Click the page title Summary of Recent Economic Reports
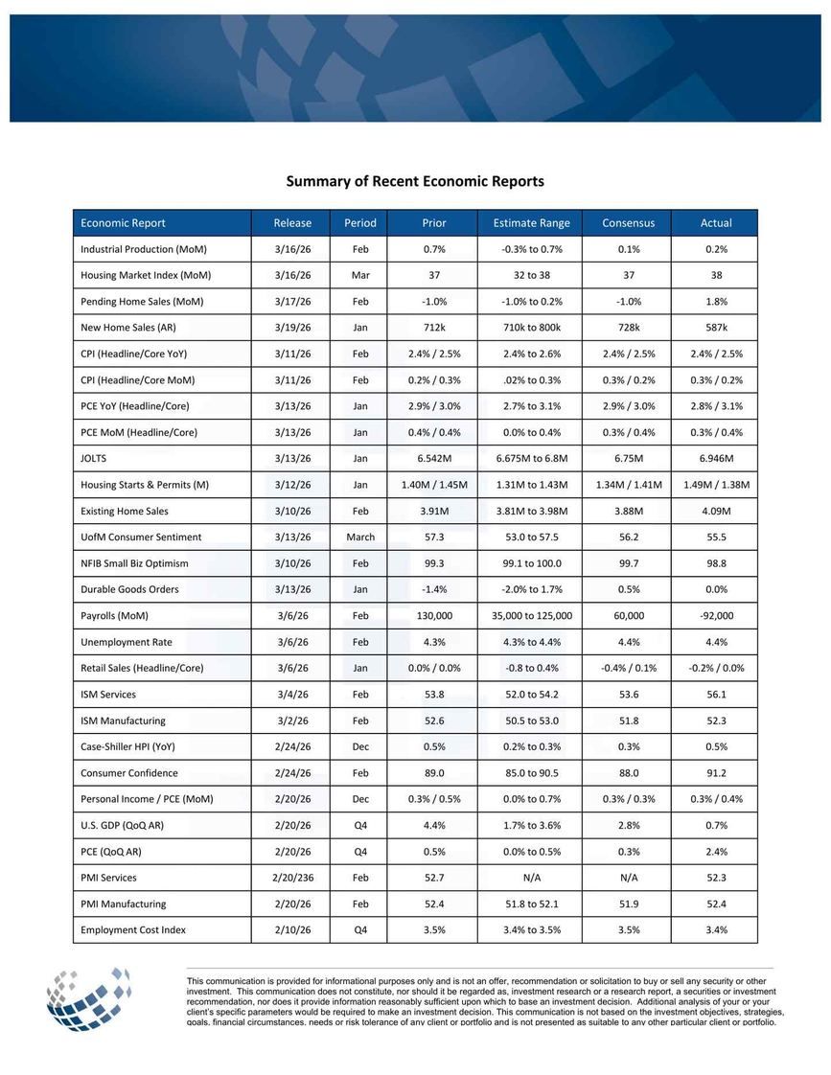415,181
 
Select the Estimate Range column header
531,223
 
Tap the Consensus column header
628,223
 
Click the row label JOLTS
94,458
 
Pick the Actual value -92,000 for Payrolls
715,615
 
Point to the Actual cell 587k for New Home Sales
715,328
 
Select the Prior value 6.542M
433,458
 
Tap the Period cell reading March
360,537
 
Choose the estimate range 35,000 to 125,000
531,615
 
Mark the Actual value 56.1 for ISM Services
715,694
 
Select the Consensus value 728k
628,328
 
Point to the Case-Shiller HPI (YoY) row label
127,746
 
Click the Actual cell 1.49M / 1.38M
715,485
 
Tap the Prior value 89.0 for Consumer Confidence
433,772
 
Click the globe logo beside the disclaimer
88,996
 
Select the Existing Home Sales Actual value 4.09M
715,511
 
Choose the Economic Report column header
123,223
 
